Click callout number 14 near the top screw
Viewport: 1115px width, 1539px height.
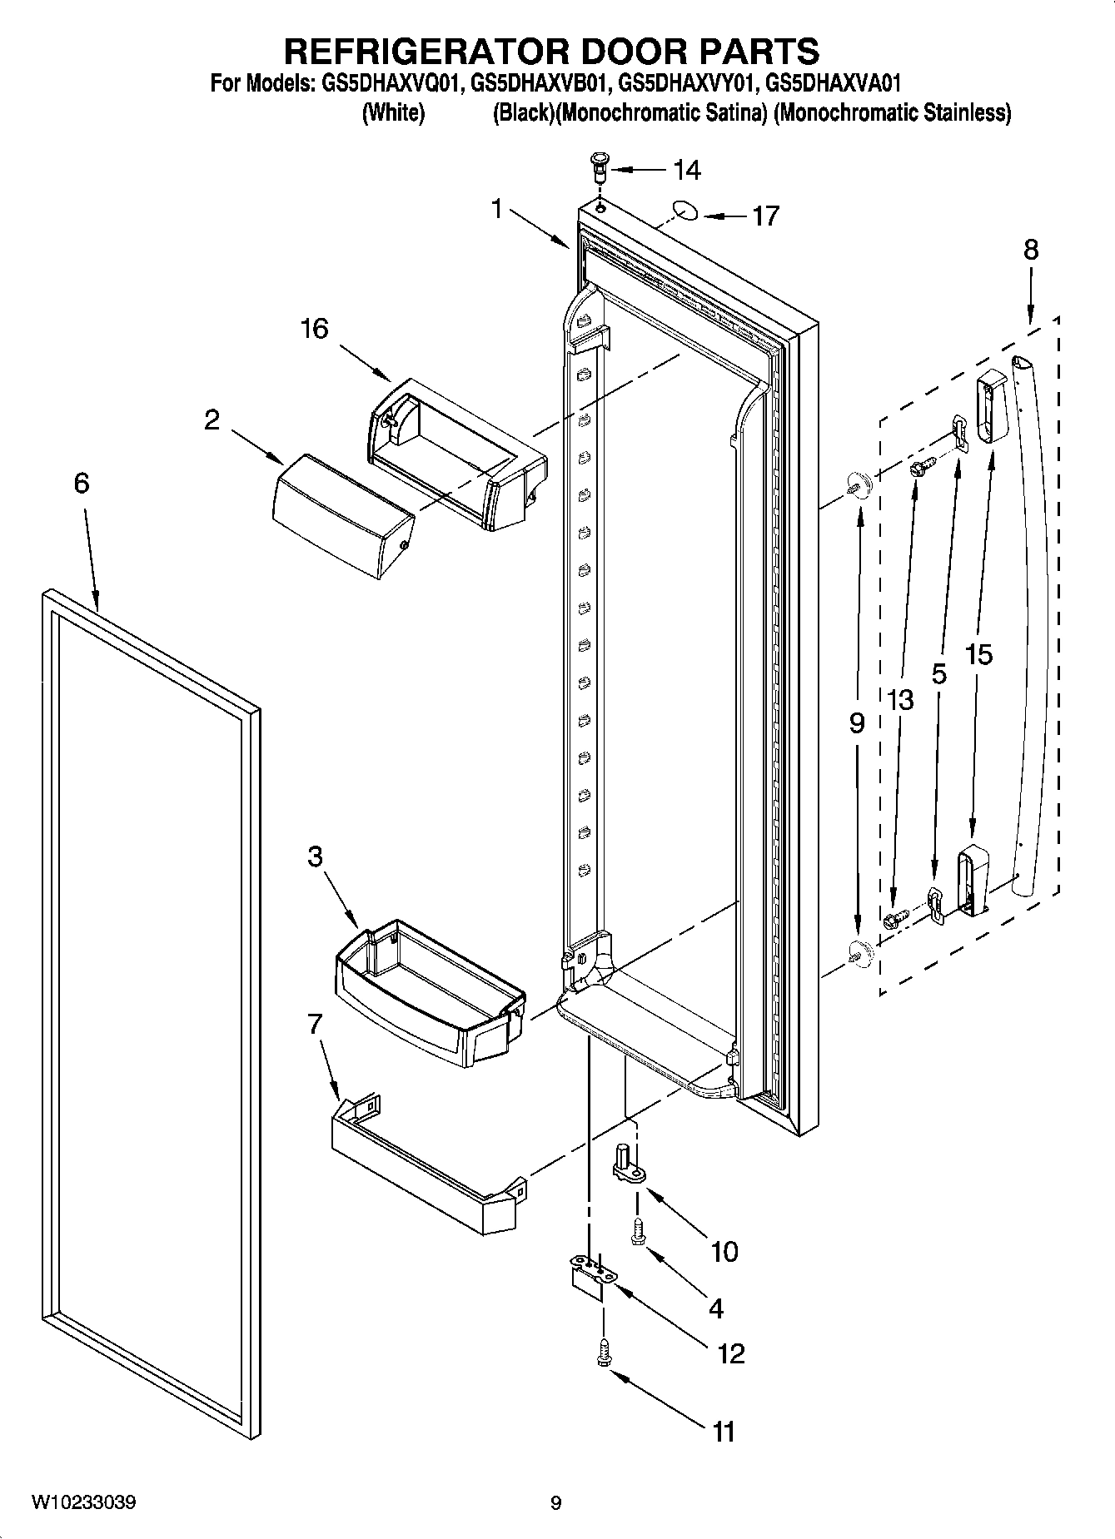click(x=686, y=171)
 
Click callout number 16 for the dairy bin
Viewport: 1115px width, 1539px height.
click(x=314, y=329)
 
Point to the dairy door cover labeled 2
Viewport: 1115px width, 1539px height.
click(x=343, y=516)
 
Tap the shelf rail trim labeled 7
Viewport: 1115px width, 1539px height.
click(x=425, y=1165)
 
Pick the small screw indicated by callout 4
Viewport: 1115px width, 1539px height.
click(x=640, y=1231)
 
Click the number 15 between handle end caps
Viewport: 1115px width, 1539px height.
click(x=979, y=655)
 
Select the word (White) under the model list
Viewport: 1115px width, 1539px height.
click(x=393, y=112)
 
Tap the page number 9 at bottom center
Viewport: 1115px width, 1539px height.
click(x=555, y=1503)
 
